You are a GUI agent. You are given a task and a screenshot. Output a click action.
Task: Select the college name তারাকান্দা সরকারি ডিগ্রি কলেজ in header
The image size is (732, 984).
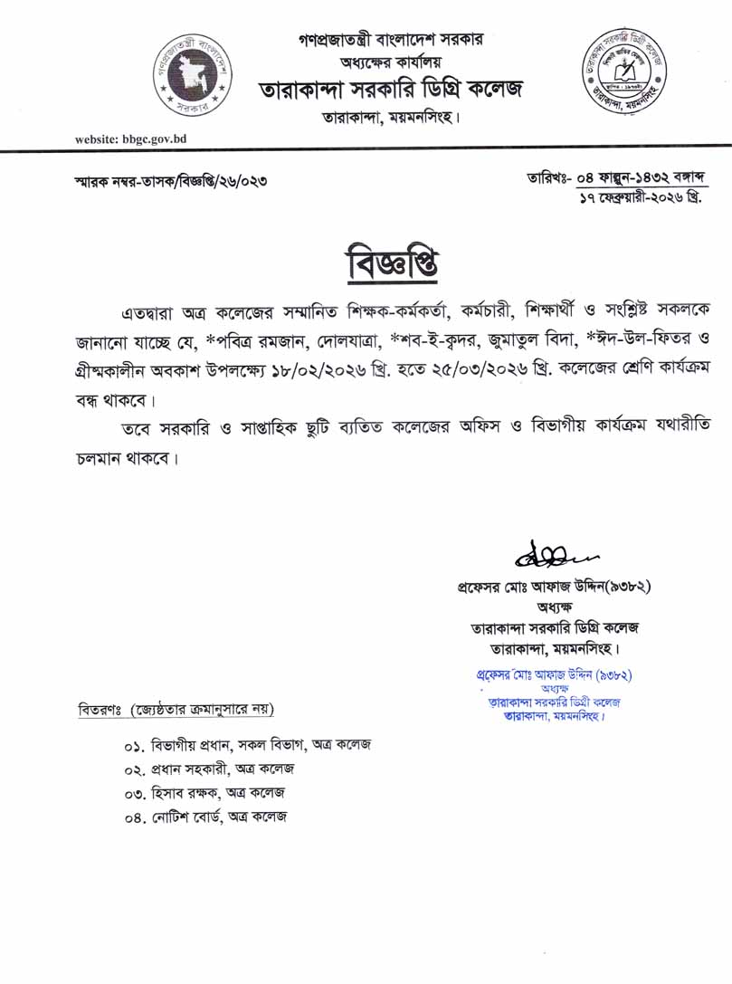391,91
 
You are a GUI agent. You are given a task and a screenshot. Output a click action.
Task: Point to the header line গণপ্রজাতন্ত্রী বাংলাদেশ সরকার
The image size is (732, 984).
391,40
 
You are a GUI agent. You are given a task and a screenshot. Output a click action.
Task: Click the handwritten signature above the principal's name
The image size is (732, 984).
548,550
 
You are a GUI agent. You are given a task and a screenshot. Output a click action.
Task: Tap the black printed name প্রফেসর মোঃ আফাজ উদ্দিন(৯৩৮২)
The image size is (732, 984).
554,587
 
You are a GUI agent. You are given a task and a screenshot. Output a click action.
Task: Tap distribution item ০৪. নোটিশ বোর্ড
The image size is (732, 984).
206,817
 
